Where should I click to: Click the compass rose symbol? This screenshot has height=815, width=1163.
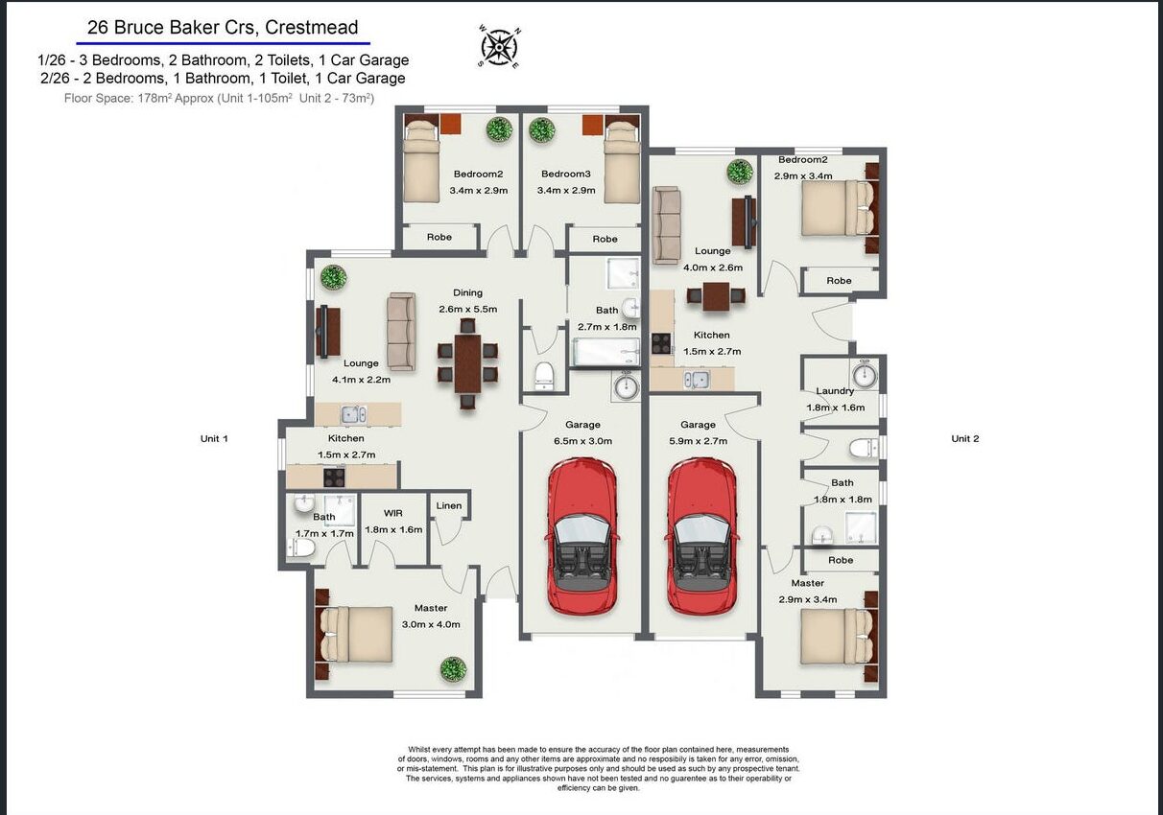click(x=499, y=47)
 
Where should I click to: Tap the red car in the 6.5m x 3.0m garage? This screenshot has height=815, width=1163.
click(x=582, y=536)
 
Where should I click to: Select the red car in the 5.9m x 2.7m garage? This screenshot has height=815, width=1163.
click(x=702, y=536)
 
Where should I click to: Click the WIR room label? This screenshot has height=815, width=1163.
click(x=393, y=513)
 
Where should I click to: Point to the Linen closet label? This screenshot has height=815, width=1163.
click(x=448, y=505)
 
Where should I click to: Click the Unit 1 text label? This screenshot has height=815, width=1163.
click(x=214, y=438)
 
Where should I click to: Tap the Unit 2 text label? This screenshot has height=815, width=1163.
click(x=964, y=438)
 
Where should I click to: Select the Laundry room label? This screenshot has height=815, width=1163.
click(x=835, y=391)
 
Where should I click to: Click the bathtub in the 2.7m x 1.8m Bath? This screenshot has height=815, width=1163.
click(x=605, y=352)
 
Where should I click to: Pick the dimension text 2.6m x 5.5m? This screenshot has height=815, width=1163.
click(x=468, y=309)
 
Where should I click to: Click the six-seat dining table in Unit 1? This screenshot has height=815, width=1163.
click(x=468, y=363)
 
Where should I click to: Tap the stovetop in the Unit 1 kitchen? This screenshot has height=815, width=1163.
click(x=334, y=477)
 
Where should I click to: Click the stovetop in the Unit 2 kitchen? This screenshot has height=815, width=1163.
click(x=661, y=343)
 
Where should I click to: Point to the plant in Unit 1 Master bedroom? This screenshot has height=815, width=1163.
click(x=453, y=669)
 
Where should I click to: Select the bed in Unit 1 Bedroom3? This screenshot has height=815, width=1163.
click(x=622, y=161)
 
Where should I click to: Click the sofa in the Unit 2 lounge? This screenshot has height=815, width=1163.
click(x=667, y=225)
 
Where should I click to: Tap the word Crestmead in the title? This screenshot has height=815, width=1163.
click(x=312, y=27)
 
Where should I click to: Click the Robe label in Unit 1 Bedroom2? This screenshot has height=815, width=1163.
click(x=439, y=237)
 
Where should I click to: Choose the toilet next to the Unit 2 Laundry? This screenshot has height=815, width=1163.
click(x=864, y=448)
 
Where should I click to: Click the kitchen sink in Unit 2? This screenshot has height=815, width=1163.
click(x=697, y=381)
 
